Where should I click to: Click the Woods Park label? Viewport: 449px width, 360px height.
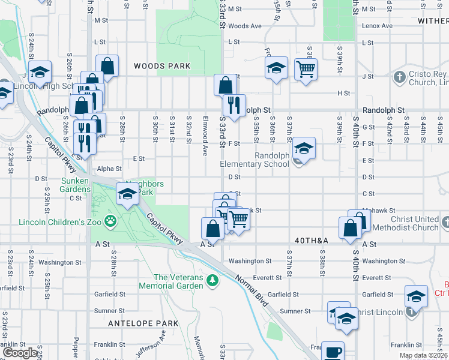[162, 66]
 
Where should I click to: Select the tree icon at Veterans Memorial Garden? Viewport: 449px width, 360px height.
[211, 280]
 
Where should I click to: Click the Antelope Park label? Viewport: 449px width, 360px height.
[143, 323]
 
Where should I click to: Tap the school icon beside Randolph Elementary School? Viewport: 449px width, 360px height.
[304, 149]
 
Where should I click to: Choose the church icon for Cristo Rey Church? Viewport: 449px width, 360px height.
[400, 77]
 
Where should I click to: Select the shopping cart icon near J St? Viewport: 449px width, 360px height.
[306, 69]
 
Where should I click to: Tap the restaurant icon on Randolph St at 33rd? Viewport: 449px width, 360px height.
[234, 104]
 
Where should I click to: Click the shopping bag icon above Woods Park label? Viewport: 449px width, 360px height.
[107, 65]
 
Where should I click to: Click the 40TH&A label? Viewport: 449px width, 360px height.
[312, 240]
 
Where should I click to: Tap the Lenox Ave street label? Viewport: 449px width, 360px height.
[377, 26]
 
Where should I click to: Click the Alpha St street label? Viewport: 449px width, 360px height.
[109, 169]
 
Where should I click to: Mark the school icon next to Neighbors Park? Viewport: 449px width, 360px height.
[127, 194]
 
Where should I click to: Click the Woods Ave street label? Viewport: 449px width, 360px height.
[245, 26]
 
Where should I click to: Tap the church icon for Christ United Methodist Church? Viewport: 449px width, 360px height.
[445, 223]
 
